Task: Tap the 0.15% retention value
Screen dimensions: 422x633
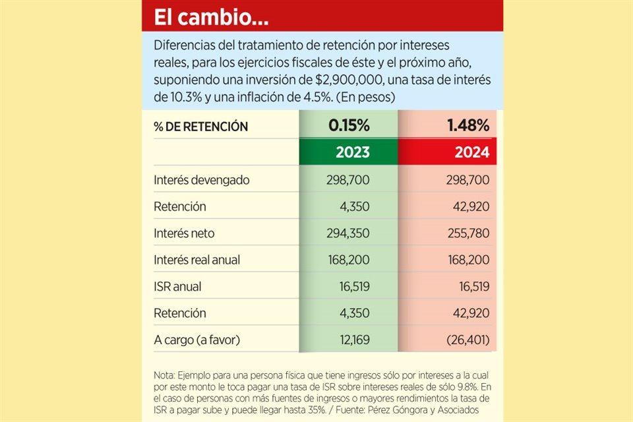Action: [x=348, y=125]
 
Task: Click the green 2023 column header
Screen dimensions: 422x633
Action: [x=348, y=152]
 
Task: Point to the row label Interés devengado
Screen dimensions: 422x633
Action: [x=201, y=180]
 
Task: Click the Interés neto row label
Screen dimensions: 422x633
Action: [x=183, y=233]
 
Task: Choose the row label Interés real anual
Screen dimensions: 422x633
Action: [x=196, y=260]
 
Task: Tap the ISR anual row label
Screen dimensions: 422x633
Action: [x=177, y=287]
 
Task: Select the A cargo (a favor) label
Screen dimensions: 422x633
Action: [x=196, y=340]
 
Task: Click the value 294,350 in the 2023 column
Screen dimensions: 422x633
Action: [x=348, y=233]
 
